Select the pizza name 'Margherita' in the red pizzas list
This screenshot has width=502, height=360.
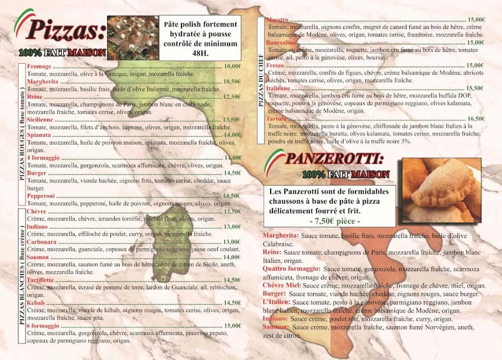[43, 81]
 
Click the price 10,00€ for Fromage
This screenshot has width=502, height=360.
[232, 66]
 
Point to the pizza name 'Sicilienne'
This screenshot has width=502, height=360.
[40, 120]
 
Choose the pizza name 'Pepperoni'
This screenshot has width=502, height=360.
[41, 196]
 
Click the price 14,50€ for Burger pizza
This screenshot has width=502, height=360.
[232, 173]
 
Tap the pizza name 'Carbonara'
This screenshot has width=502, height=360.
[42, 242]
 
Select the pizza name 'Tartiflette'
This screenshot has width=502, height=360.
[41, 280]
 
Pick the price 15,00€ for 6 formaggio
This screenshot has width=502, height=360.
[232, 326]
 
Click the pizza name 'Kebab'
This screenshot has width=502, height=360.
[35, 303]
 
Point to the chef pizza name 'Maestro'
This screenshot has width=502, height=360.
[277, 20]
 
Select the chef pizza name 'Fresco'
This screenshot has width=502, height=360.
[275, 65]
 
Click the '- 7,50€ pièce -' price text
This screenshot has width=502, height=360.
[335, 221]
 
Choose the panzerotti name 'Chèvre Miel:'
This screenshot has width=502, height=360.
[282, 285]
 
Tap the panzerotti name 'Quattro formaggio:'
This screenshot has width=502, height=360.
[291, 269]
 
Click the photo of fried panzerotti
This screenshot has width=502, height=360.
[441, 190]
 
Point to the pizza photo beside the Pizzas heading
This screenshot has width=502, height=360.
[132, 37]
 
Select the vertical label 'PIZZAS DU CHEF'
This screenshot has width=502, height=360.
[261, 81]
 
